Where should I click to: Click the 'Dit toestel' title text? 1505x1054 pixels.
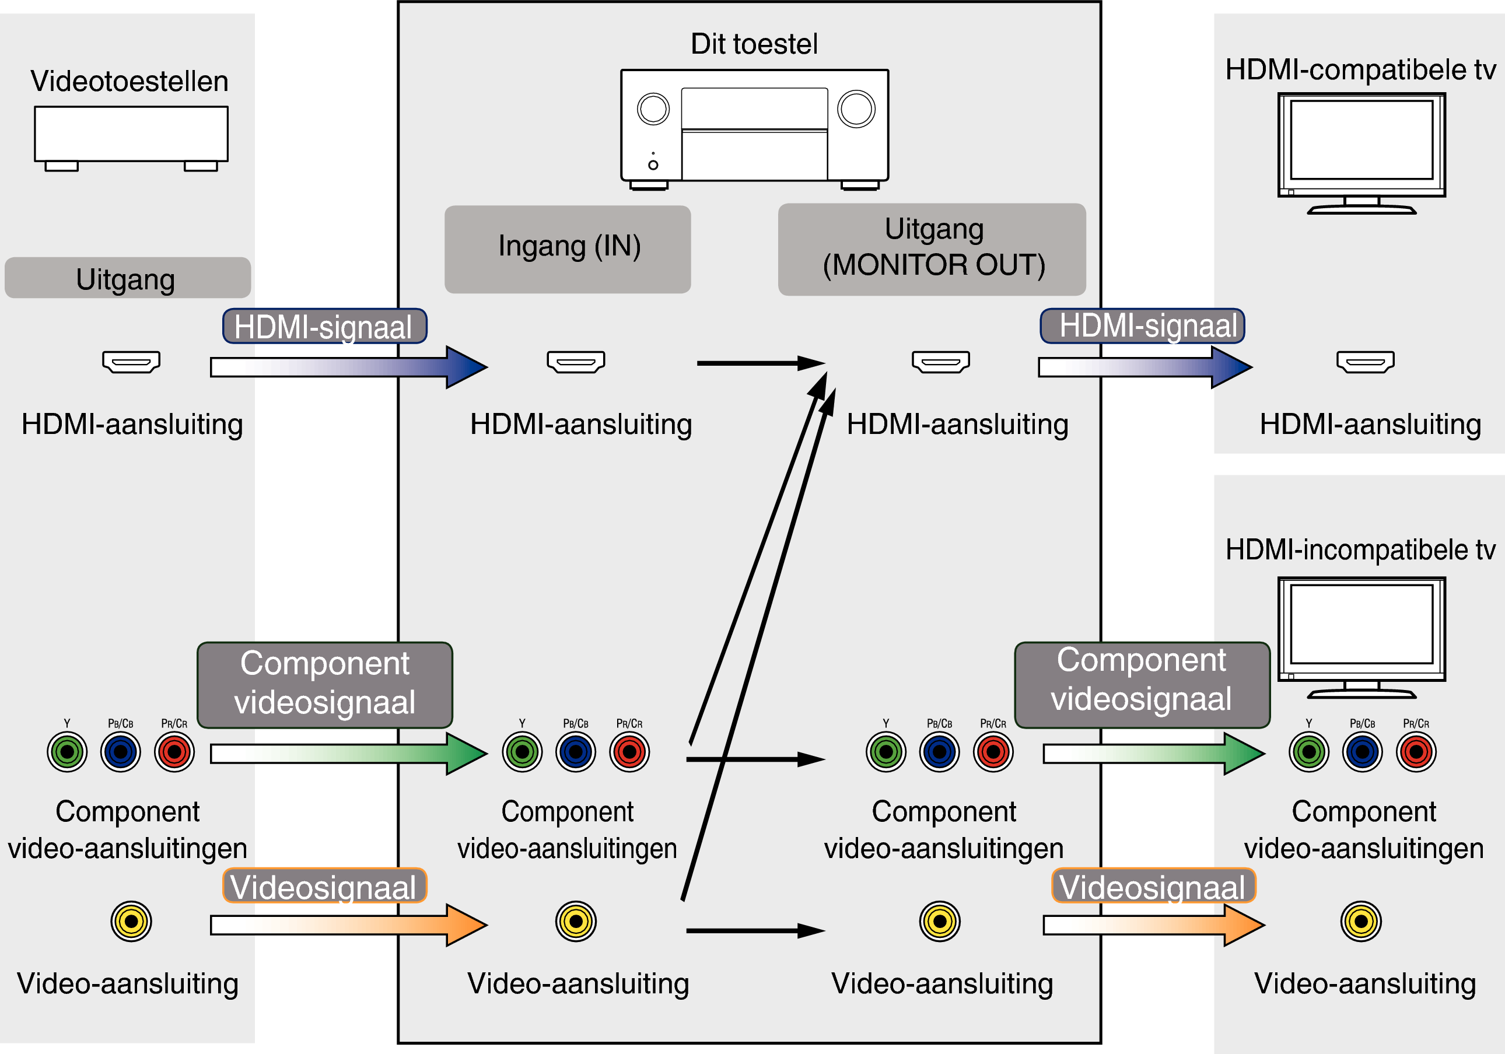coord(754,44)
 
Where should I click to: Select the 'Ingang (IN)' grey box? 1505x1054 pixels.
coord(568,249)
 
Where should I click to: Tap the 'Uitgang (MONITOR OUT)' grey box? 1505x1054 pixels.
coord(932,249)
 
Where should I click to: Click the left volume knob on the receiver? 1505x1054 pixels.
coord(653,109)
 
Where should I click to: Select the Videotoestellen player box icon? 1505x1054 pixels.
coord(131,134)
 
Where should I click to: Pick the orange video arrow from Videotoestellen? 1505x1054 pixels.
coord(348,925)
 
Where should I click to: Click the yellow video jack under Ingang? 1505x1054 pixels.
coord(576,921)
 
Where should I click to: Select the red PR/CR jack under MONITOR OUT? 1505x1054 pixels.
coord(993,752)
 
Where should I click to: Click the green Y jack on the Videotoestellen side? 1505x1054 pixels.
coord(67,752)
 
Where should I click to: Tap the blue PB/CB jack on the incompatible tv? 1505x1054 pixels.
coord(1362,752)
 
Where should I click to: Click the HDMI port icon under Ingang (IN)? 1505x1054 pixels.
coord(576,362)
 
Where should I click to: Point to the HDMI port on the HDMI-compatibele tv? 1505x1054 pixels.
coord(1366,362)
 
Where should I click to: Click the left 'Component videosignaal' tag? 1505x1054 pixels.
coord(324,684)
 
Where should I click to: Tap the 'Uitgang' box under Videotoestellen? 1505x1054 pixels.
coord(127,278)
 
